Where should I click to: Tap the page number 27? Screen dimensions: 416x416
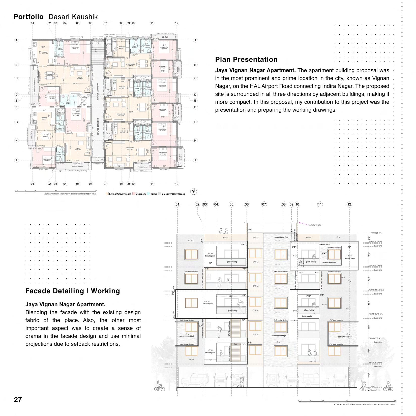coord(18,399)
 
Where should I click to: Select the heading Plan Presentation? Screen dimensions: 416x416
coord(246,60)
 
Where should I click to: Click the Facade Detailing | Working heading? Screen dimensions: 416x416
coord(73,291)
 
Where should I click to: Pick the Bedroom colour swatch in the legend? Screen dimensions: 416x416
coord(134,194)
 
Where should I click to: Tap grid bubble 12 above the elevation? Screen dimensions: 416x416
coord(349,204)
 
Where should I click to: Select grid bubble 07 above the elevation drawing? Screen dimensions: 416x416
coord(264,204)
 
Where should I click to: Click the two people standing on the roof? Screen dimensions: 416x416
coord(223,231)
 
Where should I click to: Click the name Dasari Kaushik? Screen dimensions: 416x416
coord(73,17)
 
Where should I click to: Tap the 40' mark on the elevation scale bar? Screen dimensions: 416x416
coord(395,401)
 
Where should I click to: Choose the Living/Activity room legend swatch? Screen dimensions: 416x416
coord(107,194)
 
